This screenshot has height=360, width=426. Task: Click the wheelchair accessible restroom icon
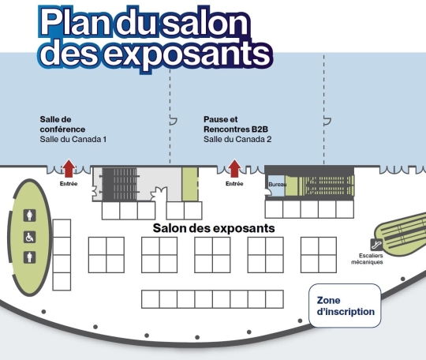(x=30, y=237)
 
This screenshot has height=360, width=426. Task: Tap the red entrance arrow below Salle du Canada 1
(x=69, y=168)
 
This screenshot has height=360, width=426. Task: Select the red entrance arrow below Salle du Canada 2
(x=234, y=168)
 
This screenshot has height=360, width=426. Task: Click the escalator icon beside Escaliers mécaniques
(x=376, y=245)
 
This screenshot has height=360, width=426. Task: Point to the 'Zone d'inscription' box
(x=345, y=306)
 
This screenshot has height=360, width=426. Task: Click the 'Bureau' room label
(x=278, y=185)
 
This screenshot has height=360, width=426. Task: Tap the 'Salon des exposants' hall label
(x=214, y=228)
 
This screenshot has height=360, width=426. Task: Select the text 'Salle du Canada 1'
(x=73, y=139)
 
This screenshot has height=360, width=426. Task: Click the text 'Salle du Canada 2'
(x=237, y=139)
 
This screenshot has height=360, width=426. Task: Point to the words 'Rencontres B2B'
(x=236, y=129)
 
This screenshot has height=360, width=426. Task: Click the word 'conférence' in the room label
(x=62, y=129)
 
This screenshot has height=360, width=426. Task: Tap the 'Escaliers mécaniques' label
(x=367, y=259)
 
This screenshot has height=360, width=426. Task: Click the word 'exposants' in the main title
(x=188, y=52)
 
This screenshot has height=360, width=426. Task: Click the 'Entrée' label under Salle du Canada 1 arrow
(x=69, y=184)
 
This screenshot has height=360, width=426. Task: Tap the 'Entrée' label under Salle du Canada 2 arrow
(x=234, y=184)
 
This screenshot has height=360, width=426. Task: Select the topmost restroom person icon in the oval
(x=30, y=216)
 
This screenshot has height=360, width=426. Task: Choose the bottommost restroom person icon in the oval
(x=30, y=257)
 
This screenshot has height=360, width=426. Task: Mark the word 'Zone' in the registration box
(x=328, y=300)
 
